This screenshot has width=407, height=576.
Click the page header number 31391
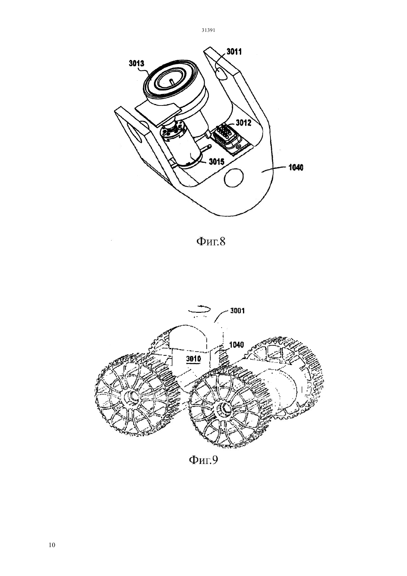click(x=208, y=30)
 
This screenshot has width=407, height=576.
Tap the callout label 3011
click(x=234, y=52)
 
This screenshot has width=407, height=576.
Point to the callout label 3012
click(x=243, y=123)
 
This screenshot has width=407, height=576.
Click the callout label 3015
click(x=216, y=161)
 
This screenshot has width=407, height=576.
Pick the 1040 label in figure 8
click(x=296, y=168)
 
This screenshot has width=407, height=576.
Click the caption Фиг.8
click(x=211, y=241)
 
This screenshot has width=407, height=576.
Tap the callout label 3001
click(x=238, y=311)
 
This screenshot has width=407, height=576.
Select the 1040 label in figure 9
click(x=236, y=345)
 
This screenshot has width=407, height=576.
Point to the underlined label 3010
click(x=194, y=359)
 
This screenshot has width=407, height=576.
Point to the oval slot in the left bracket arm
click(x=135, y=133)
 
